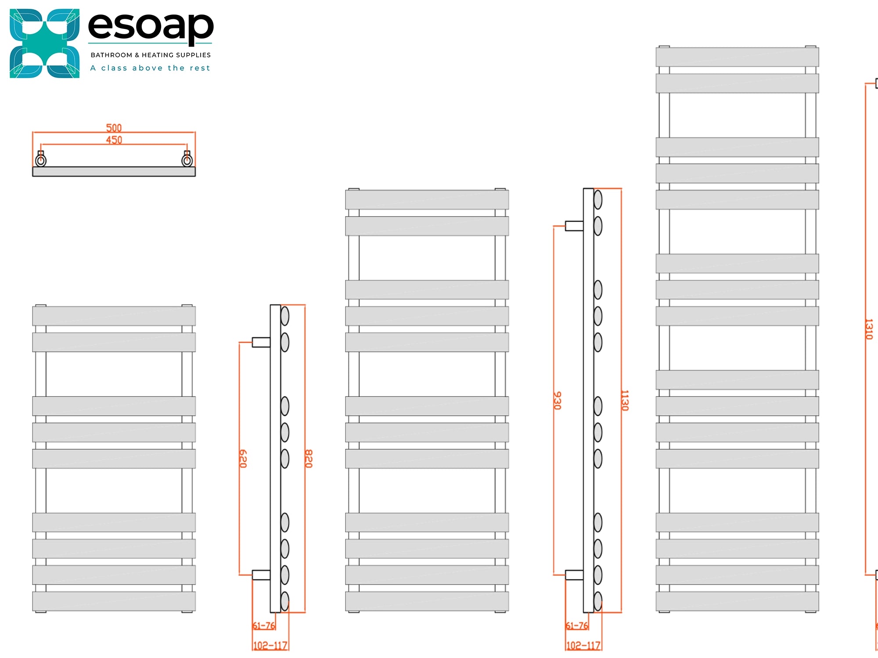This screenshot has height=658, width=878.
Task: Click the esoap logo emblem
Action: click(44, 43)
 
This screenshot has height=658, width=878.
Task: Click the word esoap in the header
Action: click(151, 26)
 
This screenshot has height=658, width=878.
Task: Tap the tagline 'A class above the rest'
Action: click(150, 68)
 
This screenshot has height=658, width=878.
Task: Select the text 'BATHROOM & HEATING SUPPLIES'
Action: click(151, 55)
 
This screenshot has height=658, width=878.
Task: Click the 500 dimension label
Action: click(114, 128)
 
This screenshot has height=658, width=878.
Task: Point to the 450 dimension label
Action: click(114, 140)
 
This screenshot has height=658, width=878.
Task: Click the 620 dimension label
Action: click(243, 458)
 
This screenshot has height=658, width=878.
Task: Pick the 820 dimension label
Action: click(309, 458)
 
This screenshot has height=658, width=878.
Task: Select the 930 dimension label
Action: click(557, 401)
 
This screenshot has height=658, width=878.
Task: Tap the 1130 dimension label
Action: click(625, 401)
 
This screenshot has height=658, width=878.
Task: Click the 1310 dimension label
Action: click(869, 329)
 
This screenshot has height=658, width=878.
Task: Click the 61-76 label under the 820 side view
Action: click(264, 626)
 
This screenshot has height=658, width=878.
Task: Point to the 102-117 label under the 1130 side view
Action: click(583, 646)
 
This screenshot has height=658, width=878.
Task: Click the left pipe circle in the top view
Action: click(41, 161)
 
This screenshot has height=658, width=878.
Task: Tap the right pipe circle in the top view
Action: click(187, 161)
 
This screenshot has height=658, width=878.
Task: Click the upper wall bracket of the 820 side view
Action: click(261, 342)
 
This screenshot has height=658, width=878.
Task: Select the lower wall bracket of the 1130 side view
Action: click(574, 575)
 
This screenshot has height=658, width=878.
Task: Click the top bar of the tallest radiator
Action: click(737, 57)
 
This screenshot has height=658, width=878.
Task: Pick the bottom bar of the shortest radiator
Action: click(114, 601)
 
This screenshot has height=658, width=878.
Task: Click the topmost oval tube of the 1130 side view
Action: click(598, 200)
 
